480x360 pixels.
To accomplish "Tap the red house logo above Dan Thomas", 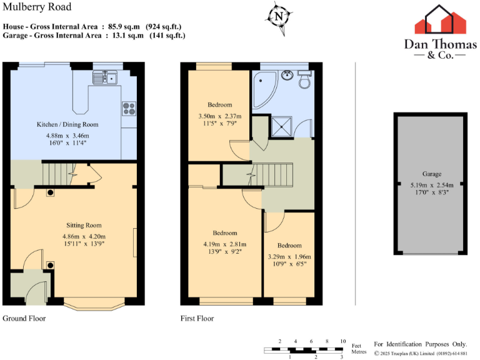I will click(x=441, y=20).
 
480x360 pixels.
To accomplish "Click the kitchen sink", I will click(x=106, y=77).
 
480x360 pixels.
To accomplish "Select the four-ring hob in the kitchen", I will click(x=129, y=108).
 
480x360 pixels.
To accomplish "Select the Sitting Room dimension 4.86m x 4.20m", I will click(x=84, y=236).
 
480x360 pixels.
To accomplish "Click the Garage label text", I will click(x=431, y=174).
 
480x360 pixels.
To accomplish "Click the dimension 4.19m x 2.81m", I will click(x=225, y=244).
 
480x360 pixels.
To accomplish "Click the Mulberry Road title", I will click(x=37, y=7).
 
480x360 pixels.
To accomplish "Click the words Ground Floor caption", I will click(x=24, y=318).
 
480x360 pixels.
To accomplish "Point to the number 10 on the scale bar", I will click(x=342, y=341).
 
